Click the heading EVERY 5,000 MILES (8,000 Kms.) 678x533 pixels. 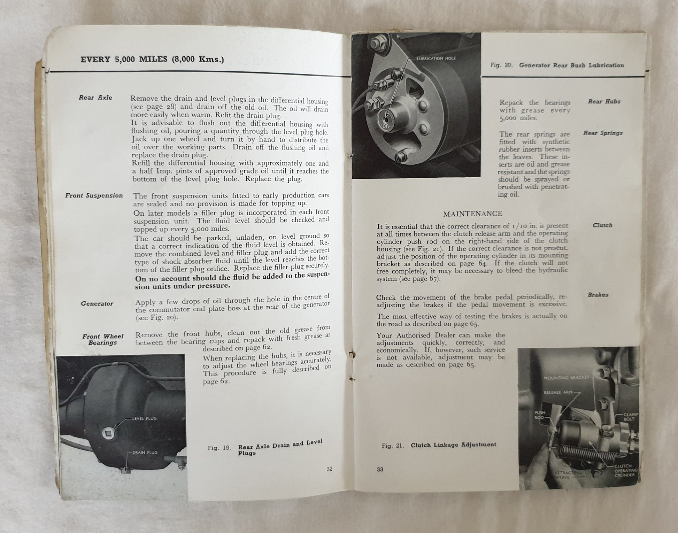(x=152, y=60)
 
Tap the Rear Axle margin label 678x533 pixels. (x=95, y=98)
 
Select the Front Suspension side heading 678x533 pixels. (x=94, y=196)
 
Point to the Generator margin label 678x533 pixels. (x=97, y=304)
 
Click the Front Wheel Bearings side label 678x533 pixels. (x=103, y=339)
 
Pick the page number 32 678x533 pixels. (x=329, y=469)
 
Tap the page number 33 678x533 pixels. (x=380, y=469)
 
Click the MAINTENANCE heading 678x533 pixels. (x=472, y=214)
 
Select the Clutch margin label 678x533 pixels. (x=602, y=225)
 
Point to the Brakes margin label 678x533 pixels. (x=598, y=295)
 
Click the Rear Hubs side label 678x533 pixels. (x=604, y=102)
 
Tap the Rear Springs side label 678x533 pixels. (x=603, y=133)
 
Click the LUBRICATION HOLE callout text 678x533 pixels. (x=436, y=59)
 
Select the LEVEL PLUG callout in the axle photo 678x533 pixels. (x=144, y=418)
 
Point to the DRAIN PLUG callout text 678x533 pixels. (x=145, y=453)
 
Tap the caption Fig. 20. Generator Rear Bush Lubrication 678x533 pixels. (x=557, y=65)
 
